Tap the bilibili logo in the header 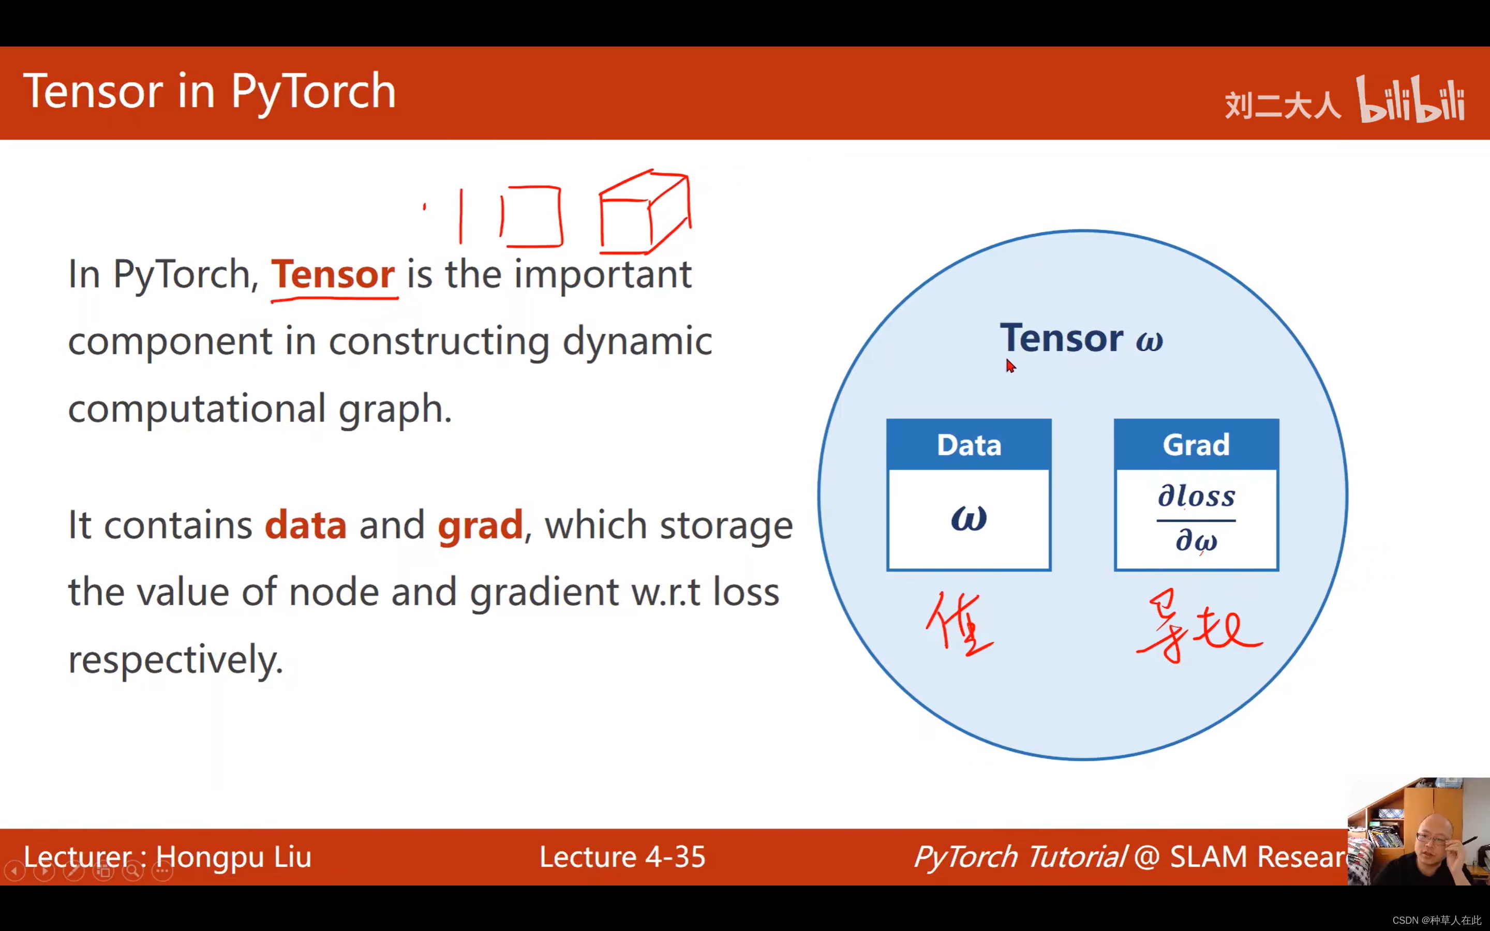[x=1410, y=100]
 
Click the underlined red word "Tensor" [x=333, y=275]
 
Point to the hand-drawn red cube [x=644, y=213]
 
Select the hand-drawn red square [x=531, y=216]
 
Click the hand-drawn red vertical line [x=460, y=216]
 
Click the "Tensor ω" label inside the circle [x=1081, y=338]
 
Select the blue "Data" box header [x=969, y=445]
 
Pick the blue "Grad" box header [x=1196, y=445]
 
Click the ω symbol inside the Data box [x=969, y=518]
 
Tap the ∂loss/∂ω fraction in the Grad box [x=1196, y=518]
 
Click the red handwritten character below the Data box [x=959, y=623]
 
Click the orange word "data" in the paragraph [x=305, y=526]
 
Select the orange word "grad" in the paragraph [x=480, y=526]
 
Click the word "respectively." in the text [x=175, y=660]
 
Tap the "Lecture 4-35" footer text [x=622, y=857]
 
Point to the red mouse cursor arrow [x=1010, y=366]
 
